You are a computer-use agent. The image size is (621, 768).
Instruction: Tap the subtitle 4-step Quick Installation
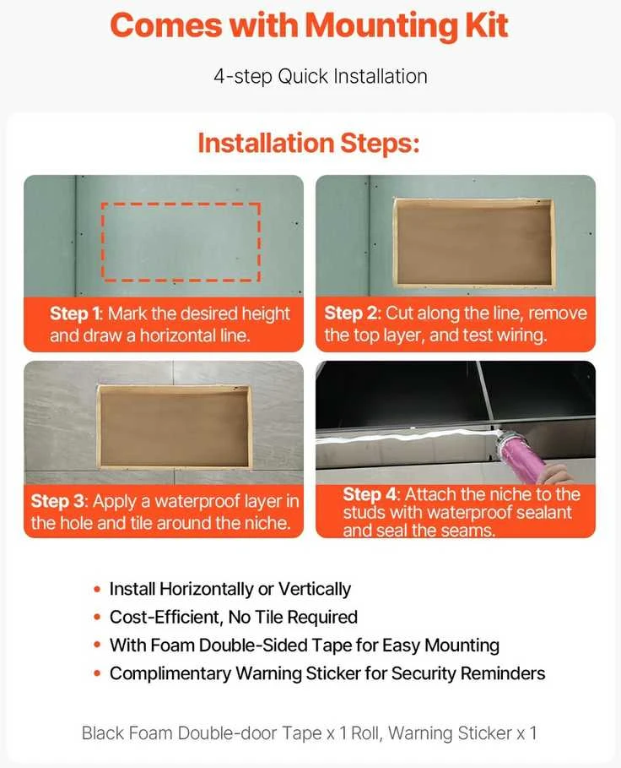pyautogui.click(x=321, y=77)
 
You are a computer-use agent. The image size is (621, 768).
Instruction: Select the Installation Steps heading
pyautogui.click(x=309, y=144)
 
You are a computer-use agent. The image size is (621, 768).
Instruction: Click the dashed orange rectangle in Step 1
pyautogui.click(x=181, y=204)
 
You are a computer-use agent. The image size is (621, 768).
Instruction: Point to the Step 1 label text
pyautogui.click(x=76, y=313)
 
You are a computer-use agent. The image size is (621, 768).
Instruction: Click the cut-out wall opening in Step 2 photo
pyautogui.click(x=474, y=242)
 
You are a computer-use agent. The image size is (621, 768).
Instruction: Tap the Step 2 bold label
pyautogui.click(x=353, y=313)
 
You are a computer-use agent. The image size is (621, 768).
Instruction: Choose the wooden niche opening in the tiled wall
pyautogui.click(x=174, y=426)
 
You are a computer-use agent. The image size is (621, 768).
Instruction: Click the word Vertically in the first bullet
pyautogui.click(x=315, y=589)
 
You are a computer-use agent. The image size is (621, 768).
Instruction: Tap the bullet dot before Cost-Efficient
pyautogui.click(x=97, y=617)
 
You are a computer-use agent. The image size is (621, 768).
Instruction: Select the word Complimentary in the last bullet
pyautogui.click(x=170, y=674)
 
